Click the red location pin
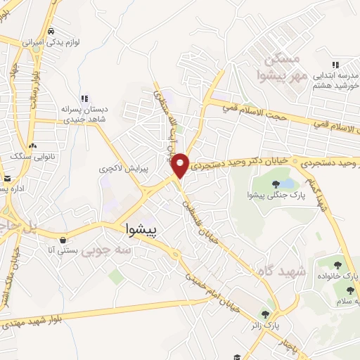[x=181, y=165]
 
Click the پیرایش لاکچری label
[x=115, y=169]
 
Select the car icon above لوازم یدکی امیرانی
[x=51, y=32]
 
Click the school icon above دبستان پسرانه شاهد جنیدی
[x=84, y=98]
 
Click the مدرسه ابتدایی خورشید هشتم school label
[x=330, y=79]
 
